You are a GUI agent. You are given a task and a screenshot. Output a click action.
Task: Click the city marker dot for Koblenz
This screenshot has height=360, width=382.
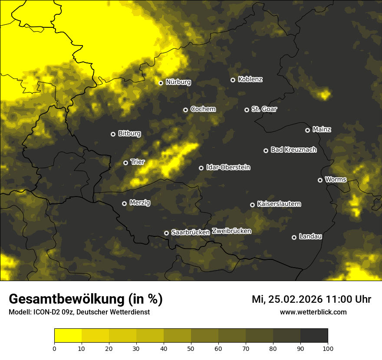233,80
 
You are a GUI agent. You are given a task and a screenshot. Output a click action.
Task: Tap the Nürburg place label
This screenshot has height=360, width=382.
178,82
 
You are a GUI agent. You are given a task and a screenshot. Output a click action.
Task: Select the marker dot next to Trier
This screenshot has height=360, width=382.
125,163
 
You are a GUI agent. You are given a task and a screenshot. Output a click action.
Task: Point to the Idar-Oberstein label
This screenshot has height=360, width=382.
228,167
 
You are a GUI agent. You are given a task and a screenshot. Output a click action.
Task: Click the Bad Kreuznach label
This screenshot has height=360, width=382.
293,150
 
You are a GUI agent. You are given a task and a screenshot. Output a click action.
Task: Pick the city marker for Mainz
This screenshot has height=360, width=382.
307,130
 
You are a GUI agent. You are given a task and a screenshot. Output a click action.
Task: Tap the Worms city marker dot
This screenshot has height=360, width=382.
320,180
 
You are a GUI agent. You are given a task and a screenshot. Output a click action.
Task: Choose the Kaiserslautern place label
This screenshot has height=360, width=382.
279,204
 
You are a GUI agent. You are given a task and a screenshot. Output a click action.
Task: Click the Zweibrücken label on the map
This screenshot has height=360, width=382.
231,231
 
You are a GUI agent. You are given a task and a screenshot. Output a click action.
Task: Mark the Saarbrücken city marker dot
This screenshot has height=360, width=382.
166,233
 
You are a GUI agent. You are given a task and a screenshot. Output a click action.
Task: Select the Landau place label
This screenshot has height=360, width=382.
310,236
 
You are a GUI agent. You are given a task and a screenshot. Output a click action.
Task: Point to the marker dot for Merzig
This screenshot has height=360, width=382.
124,203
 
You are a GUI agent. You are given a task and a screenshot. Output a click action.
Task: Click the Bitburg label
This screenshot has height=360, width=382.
129,134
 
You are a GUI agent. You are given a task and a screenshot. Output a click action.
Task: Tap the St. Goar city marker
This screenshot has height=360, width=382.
247,110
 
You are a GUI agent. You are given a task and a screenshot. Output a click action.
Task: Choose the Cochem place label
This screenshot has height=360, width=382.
203,109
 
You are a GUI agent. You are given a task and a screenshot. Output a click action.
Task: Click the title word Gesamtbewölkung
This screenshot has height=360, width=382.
67,299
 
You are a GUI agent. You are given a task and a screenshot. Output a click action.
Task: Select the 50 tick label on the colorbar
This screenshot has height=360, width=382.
191,348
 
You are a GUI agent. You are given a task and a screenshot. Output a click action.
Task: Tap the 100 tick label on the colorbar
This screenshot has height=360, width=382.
328,348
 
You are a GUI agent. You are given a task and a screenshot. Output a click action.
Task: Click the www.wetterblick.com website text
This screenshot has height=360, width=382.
313,312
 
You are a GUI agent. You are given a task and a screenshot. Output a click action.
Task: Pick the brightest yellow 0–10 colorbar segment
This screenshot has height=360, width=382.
68,336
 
